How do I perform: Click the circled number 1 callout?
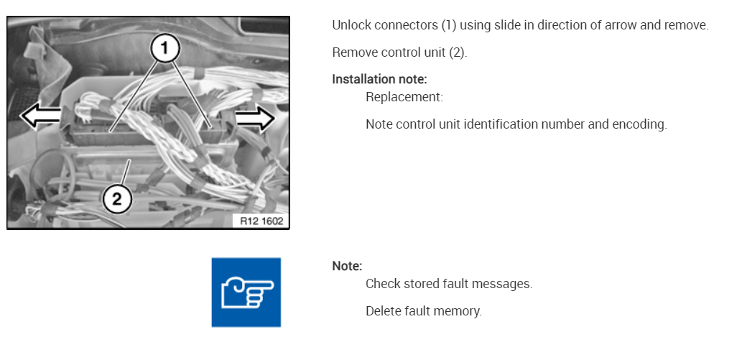(164, 49)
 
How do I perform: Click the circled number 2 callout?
(116, 198)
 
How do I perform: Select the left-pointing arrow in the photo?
(40, 116)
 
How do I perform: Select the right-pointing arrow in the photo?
(255, 119)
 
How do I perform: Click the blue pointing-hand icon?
(246, 292)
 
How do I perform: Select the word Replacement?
(404, 97)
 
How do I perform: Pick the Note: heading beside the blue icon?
(347, 266)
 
